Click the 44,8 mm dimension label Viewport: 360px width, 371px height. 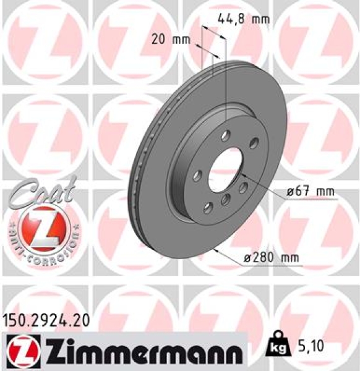[244, 19]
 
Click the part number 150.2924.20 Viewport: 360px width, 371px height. [46, 320]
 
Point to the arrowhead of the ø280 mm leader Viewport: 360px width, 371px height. [213, 250]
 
